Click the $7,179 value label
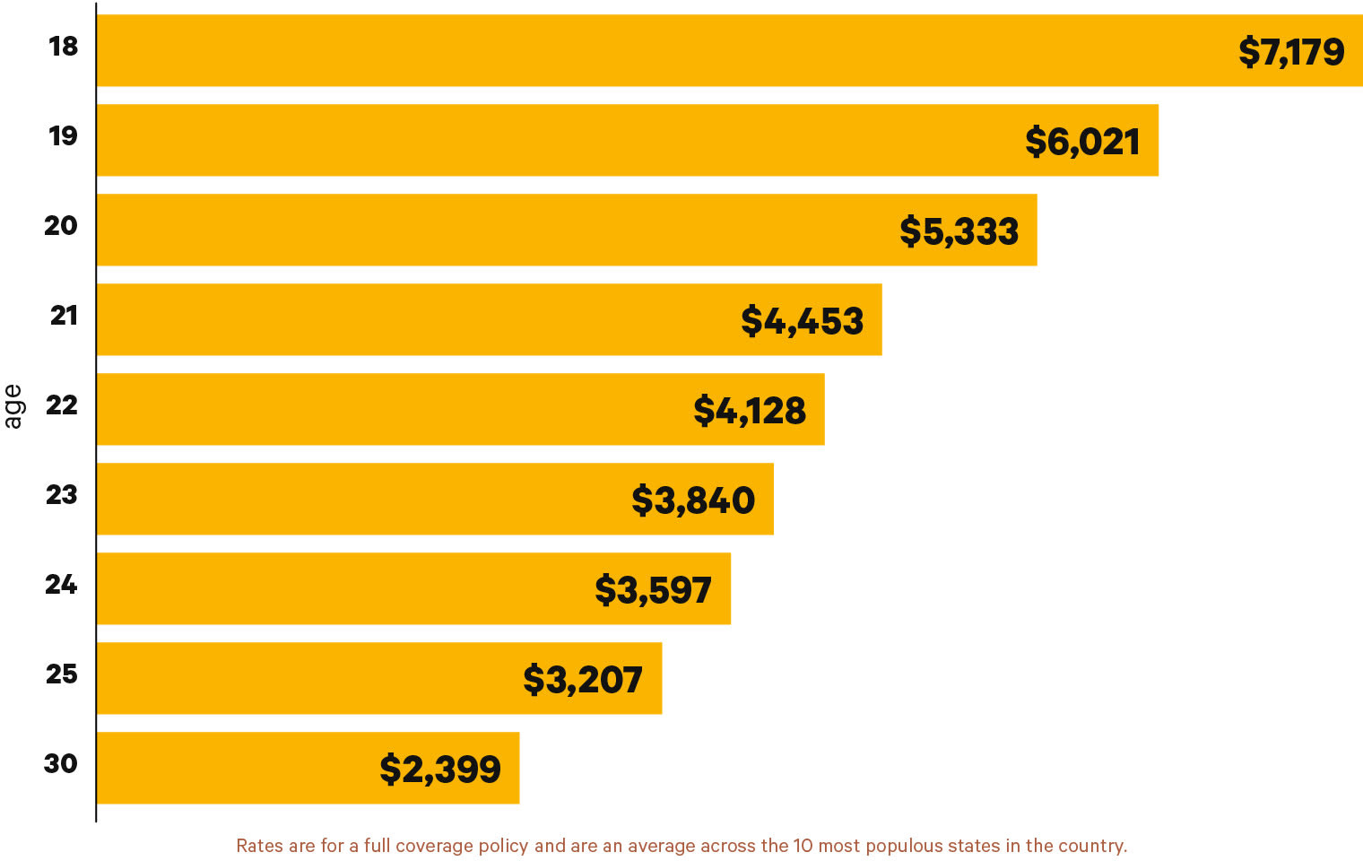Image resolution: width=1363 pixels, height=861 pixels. tap(1291, 52)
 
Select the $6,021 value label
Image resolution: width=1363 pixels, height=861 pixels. tap(1082, 142)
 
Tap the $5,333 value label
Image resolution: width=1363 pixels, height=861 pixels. tap(959, 231)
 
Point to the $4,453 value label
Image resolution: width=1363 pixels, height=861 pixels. tap(803, 321)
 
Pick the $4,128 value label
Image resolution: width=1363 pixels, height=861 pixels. tap(750, 411)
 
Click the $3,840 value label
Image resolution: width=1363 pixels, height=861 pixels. tap(693, 500)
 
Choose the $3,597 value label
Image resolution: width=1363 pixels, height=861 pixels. tap(653, 590)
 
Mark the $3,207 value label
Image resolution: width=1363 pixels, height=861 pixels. tap(583, 680)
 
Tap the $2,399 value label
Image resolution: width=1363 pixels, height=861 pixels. tap(440, 770)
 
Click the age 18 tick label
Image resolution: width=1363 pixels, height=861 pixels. tap(64, 46)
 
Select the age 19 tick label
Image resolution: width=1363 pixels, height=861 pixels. tap(64, 135)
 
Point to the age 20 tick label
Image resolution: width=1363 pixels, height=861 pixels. tap(61, 225)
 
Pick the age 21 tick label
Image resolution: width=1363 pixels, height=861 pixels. tap(64, 315)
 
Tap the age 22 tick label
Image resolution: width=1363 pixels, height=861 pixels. tap(62, 404)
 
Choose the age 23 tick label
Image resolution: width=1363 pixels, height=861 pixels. tap(62, 494)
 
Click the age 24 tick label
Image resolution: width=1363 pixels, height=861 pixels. tap(61, 584)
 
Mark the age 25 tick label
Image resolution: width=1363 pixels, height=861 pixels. tap(62, 674)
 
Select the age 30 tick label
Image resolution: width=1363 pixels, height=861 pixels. tap(61, 763)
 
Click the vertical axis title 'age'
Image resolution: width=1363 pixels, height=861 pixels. tap(13, 406)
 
